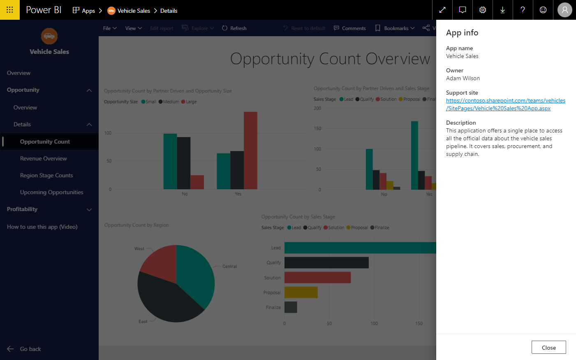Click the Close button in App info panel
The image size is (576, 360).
pyautogui.click(x=548, y=347)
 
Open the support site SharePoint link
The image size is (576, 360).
pyautogui.click(x=505, y=105)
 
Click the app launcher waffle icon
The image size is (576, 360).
pyautogui.click(x=10, y=10)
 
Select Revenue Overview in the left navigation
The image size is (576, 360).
pyautogui.click(x=43, y=158)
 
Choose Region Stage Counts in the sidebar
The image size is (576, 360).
pyautogui.click(x=46, y=175)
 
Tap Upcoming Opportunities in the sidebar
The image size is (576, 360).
pyautogui.click(x=51, y=192)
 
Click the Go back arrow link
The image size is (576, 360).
pyautogui.click(x=24, y=349)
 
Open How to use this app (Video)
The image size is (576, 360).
pyautogui.click(x=42, y=227)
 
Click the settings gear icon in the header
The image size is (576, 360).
pyautogui.click(x=483, y=10)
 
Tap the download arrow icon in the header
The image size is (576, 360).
pyautogui.click(x=502, y=10)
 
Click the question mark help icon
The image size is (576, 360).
pyautogui.click(x=523, y=10)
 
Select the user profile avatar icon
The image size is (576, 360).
pyautogui.click(x=564, y=10)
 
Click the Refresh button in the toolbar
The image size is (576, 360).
pyautogui.click(x=234, y=28)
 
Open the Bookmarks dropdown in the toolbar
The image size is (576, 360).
pyautogui.click(x=395, y=28)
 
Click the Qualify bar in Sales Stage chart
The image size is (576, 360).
pyautogui.click(x=326, y=262)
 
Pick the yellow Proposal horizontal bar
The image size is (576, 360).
pyautogui.click(x=301, y=293)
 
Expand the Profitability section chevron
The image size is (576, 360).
pyautogui.click(x=89, y=209)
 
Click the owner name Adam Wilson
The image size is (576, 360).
pyautogui.click(x=463, y=78)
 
